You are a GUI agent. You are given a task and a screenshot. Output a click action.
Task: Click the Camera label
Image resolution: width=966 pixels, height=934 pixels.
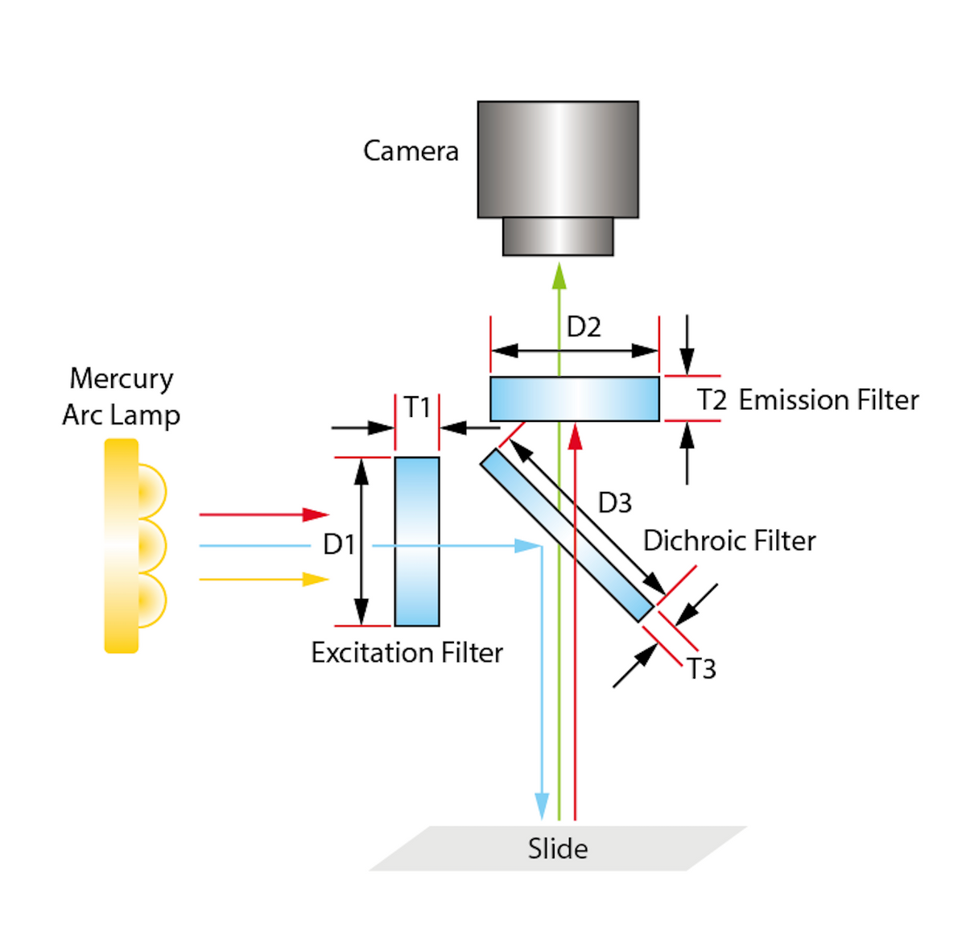pos(411,151)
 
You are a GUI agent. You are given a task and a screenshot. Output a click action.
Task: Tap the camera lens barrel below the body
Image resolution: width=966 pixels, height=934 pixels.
pos(557,237)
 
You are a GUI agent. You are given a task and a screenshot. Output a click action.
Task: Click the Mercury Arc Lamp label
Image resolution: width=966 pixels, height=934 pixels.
pos(121,396)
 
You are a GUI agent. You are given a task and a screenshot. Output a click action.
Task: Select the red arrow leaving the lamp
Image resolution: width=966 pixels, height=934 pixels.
pos(263,515)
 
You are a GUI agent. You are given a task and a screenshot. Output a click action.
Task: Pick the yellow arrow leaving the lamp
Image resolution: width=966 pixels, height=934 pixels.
pos(263,579)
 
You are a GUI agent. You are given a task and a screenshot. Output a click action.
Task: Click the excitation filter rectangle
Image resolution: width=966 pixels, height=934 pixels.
pos(417,541)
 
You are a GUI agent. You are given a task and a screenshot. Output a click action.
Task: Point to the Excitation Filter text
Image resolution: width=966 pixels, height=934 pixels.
pos(407,652)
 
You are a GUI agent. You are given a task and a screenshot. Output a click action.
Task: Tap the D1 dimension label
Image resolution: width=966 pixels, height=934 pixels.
pos(339,544)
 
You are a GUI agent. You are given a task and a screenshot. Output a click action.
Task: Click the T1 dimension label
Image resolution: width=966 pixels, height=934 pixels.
pos(417,407)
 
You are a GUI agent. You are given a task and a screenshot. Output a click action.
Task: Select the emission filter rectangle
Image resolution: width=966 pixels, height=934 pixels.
pos(574,399)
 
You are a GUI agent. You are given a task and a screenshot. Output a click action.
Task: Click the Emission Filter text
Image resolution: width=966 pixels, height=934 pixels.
pos(828,399)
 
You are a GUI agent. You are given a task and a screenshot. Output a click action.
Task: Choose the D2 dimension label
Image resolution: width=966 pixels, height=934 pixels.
pos(584,327)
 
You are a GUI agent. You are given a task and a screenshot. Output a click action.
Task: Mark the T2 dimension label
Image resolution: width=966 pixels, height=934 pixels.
pos(712,399)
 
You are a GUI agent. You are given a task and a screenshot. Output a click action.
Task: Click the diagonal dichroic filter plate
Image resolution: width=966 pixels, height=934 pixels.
pos(567,535)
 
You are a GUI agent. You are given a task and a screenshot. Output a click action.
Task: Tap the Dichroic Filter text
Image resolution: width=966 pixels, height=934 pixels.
pos(729,540)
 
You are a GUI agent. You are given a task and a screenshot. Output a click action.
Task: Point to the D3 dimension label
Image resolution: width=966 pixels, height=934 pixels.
pos(614,502)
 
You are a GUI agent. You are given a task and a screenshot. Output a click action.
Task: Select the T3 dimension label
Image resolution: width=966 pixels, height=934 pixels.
pos(701,668)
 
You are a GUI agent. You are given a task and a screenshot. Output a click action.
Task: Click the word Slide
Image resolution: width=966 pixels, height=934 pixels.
pos(557,849)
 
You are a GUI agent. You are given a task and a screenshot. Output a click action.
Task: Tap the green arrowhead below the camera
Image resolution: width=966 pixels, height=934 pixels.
pos(559,275)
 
